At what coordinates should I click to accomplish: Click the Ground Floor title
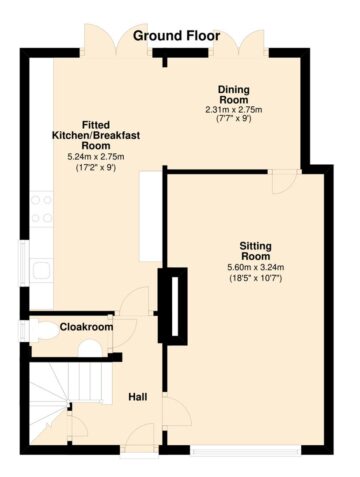point(176,36)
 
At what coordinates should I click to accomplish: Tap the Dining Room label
point(234,95)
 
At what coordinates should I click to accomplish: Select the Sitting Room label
point(256,251)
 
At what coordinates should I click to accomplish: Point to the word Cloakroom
point(86,327)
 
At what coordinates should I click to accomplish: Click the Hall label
point(138,397)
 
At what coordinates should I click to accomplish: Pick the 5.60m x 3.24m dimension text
point(256,267)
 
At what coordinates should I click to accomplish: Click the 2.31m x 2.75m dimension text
point(234,110)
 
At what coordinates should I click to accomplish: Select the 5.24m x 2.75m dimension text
point(96,157)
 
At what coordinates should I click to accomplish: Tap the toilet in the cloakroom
point(44,330)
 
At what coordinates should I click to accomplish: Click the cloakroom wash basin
point(89,349)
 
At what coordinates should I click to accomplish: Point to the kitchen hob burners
point(41,209)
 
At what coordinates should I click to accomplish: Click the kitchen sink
point(41,270)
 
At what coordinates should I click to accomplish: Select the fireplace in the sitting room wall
point(173,306)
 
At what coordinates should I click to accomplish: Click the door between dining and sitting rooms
point(284,182)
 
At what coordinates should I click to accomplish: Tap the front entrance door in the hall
point(140,437)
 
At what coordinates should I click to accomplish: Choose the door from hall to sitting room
point(177,411)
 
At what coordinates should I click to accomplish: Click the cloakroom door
point(124,334)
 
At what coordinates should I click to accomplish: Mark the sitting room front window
point(246,451)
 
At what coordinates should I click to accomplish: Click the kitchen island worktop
point(151,217)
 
